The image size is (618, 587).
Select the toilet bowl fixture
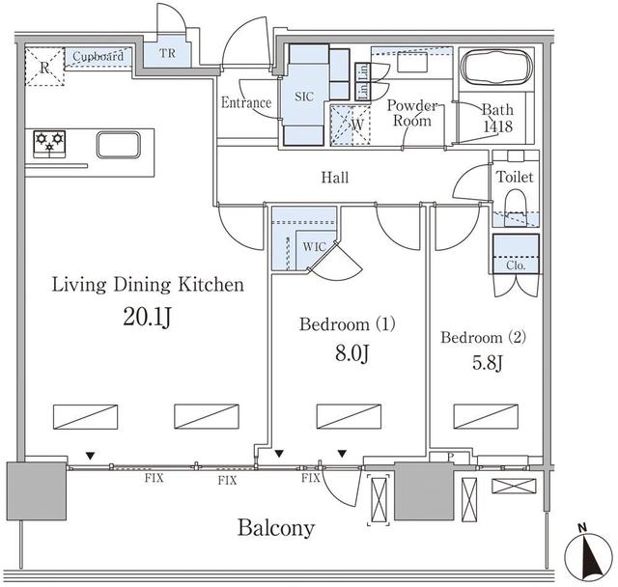pyautogui.click(x=514, y=204)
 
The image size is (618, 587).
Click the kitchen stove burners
pyautogui.click(x=48, y=144)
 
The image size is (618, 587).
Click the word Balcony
pyautogui.click(x=276, y=528)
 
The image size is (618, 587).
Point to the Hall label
pyautogui.click(x=335, y=178)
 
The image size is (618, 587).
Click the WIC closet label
pyautogui.click(x=314, y=246)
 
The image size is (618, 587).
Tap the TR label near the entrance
pyautogui.click(x=168, y=53)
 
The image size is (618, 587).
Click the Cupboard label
pyautogui.click(x=98, y=57)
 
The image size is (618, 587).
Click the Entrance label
pyautogui.click(x=245, y=102)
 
